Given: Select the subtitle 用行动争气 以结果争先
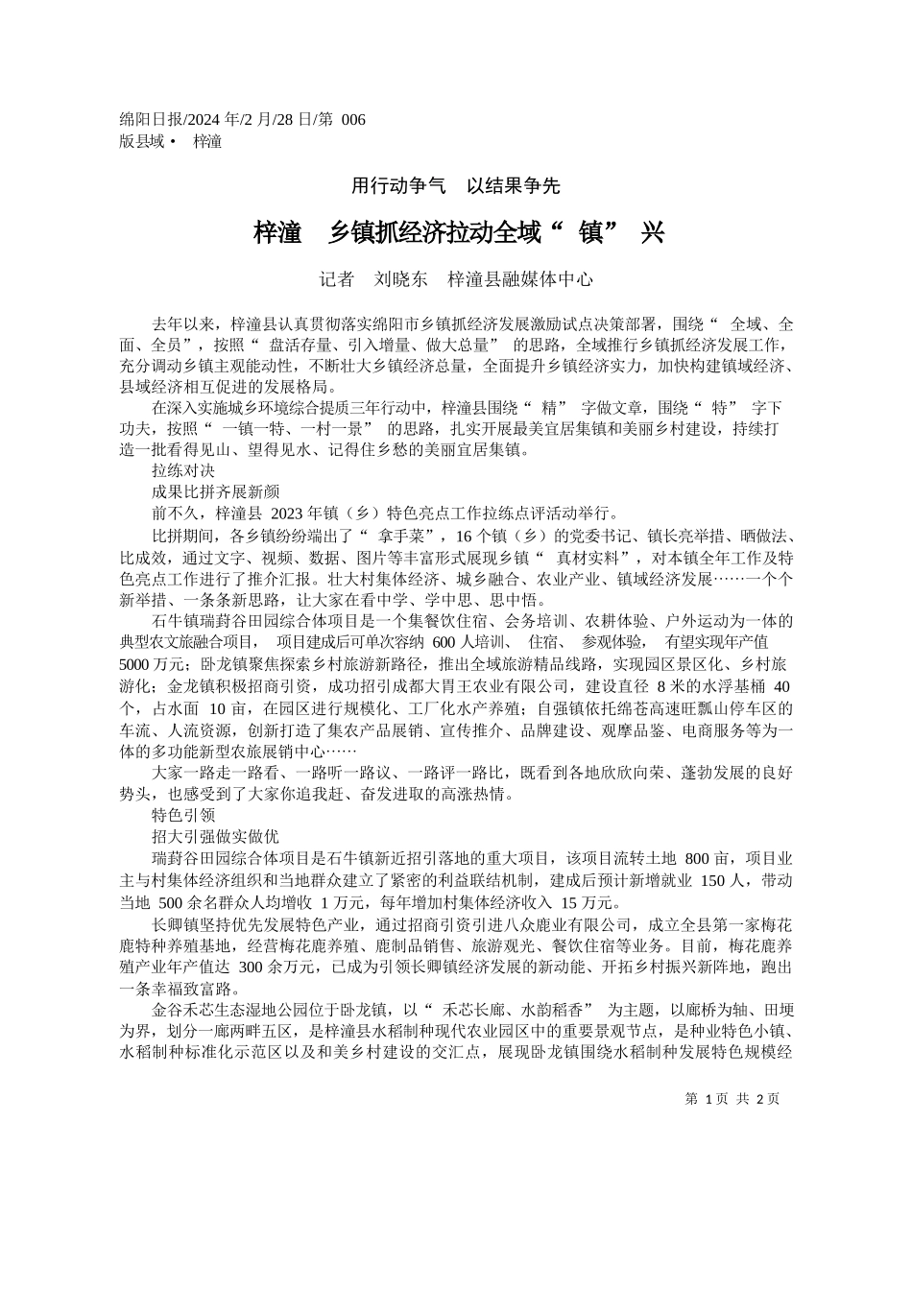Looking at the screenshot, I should point(456,186).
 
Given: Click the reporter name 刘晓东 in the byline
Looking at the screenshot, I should point(401,279).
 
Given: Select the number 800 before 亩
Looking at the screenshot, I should point(700,858).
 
